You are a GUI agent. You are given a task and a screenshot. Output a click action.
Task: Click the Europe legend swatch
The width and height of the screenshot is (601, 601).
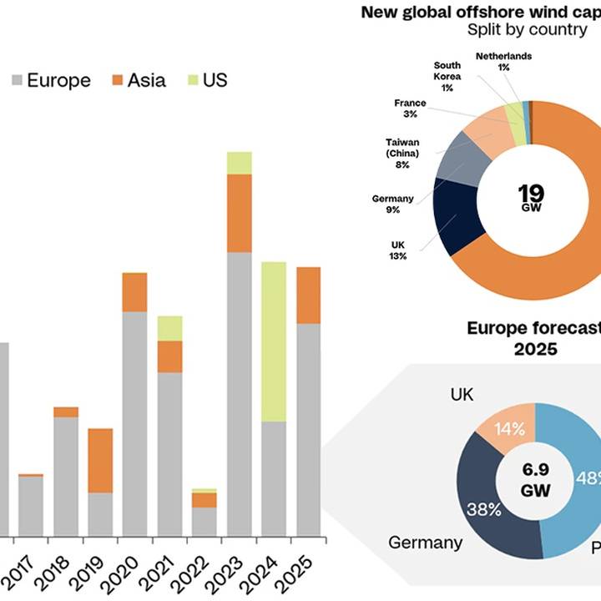coord(18,81)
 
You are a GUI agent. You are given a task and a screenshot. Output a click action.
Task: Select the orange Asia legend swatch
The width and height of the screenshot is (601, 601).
coord(118,81)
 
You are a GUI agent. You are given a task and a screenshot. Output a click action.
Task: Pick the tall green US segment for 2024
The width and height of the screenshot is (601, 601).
coord(274,341)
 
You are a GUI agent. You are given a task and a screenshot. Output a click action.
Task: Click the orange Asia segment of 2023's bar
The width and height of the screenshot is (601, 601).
coord(240,213)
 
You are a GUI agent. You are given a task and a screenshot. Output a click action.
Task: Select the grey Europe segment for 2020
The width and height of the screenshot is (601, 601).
coord(134,423)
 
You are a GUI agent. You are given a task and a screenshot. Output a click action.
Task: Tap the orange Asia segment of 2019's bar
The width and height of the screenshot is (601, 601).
coord(100,460)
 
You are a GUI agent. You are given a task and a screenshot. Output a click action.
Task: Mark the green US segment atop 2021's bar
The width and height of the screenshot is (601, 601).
coord(170,328)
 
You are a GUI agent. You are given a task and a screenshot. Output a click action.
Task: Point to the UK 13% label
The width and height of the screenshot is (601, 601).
coord(397,250)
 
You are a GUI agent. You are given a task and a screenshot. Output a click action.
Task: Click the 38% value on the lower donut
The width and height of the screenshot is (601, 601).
coord(483,509)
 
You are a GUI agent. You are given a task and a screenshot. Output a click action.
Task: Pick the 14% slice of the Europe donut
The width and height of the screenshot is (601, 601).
coord(508,430)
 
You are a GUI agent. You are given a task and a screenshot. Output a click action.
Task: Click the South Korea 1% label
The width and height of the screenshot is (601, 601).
coord(447,76)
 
